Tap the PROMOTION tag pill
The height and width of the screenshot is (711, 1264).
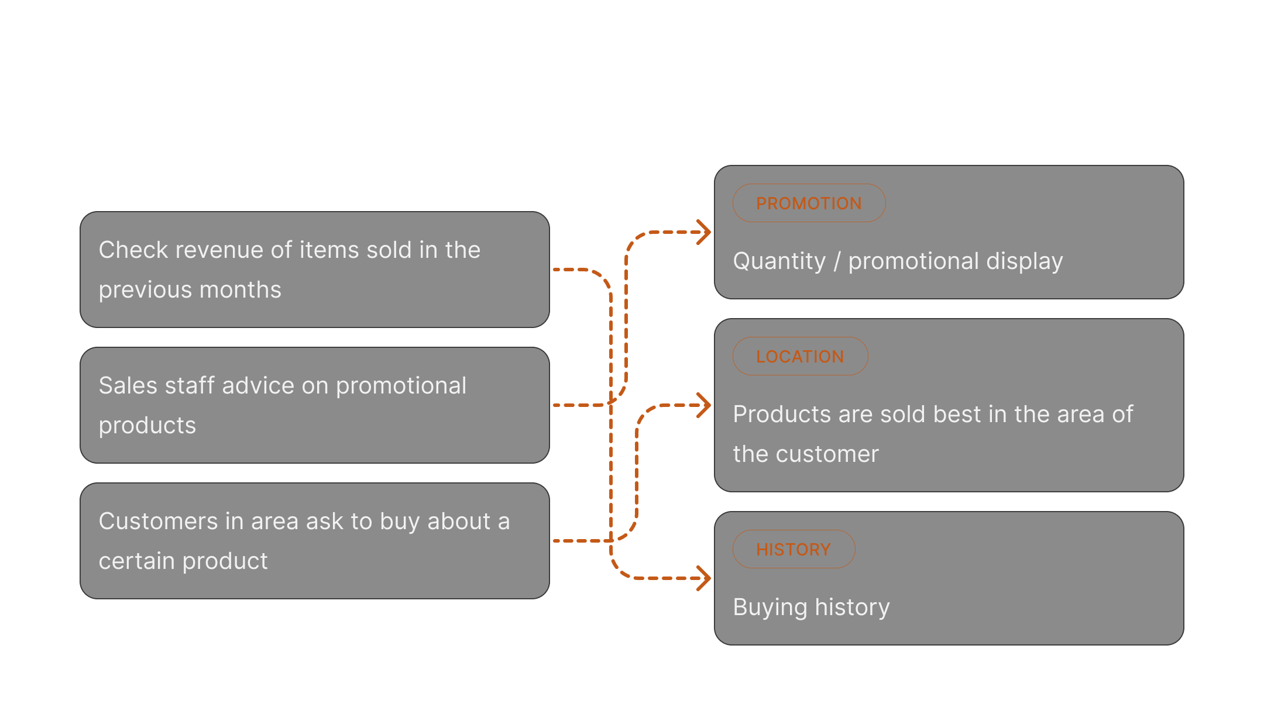click(809, 203)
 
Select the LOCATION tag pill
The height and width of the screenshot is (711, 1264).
click(800, 357)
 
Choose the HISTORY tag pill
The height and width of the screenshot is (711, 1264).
click(794, 550)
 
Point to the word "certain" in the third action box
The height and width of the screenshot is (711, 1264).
click(136, 561)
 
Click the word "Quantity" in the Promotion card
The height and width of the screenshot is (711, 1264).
click(779, 261)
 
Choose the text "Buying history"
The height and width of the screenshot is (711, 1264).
click(811, 608)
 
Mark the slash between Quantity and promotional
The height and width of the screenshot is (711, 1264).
click(837, 261)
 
